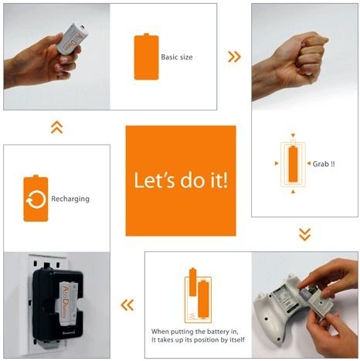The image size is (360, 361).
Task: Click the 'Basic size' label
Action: [x=177, y=57]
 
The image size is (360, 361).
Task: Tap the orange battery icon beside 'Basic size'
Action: [x=146, y=56]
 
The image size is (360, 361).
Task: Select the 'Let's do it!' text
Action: [x=181, y=180]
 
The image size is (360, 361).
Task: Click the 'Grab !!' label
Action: [x=324, y=164]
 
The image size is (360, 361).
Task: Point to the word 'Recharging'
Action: [x=70, y=199]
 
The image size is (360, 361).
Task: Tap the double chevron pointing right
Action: [x=234, y=56]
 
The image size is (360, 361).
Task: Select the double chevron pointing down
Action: [x=305, y=234]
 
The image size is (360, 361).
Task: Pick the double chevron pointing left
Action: [x=127, y=305]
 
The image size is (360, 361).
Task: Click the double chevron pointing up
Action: [x=57, y=128]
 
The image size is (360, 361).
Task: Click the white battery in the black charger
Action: [x=68, y=303]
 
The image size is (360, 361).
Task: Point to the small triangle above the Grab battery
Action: [x=293, y=135]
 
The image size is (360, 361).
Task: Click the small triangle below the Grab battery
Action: [x=293, y=191]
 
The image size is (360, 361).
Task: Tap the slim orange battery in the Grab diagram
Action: [x=293, y=164]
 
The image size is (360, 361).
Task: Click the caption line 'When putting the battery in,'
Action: [x=195, y=332]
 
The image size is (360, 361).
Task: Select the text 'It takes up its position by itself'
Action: [x=198, y=340]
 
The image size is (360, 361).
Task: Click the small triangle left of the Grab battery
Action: [x=277, y=163]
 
